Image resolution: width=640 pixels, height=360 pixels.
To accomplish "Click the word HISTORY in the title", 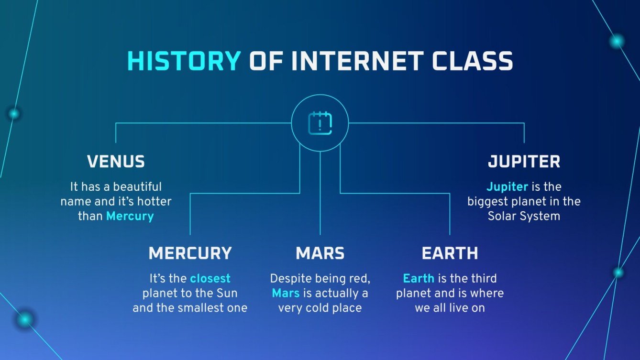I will pos(184,61).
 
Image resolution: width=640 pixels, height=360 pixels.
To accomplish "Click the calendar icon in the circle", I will pos(320,123).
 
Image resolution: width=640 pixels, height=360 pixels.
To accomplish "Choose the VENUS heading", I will pos(116,162).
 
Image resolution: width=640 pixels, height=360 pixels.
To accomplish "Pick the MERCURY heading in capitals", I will pos(190,253).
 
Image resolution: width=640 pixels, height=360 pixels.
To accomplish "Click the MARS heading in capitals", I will pos(320,253).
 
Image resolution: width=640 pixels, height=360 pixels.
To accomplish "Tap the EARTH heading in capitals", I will pos(450,253).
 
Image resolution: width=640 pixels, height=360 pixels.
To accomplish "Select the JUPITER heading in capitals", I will pos(524,162).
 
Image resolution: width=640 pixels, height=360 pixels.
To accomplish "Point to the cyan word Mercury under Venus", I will pos(130,216).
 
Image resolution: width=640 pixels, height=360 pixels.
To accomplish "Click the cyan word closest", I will pos(210,278).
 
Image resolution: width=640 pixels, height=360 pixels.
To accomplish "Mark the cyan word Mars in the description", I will pos(286,293).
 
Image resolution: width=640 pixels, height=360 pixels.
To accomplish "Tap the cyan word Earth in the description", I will pos(419,278).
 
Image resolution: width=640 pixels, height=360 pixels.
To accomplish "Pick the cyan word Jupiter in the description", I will pos(507,186).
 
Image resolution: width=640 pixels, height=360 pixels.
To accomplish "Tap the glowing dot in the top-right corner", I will pos(617,42).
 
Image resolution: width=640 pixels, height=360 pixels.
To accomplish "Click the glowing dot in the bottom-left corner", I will pos(24,319).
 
